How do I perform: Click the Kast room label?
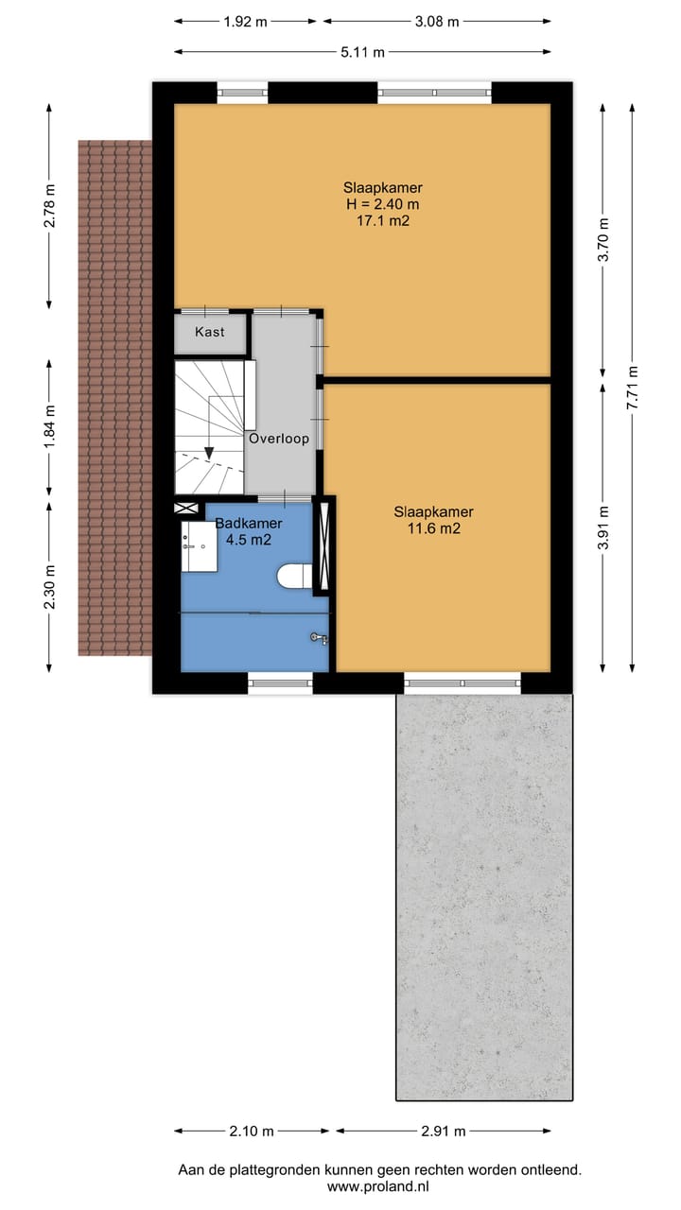(x=209, y=332)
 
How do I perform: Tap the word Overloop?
(x=279, y=439)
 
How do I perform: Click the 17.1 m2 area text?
(x=383, y=221)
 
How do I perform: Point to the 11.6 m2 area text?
(x=433, y=529)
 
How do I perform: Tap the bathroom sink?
(x=198, y=545)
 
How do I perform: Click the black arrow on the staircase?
(x=208, y=452)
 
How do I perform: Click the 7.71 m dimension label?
(x=633, y=386)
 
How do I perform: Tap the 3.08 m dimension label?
(x=436, y=21)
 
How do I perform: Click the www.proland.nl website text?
(x=379, y=1185)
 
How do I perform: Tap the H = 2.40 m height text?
(x=383, y=204)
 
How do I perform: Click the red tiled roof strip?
(x=114, y=397)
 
